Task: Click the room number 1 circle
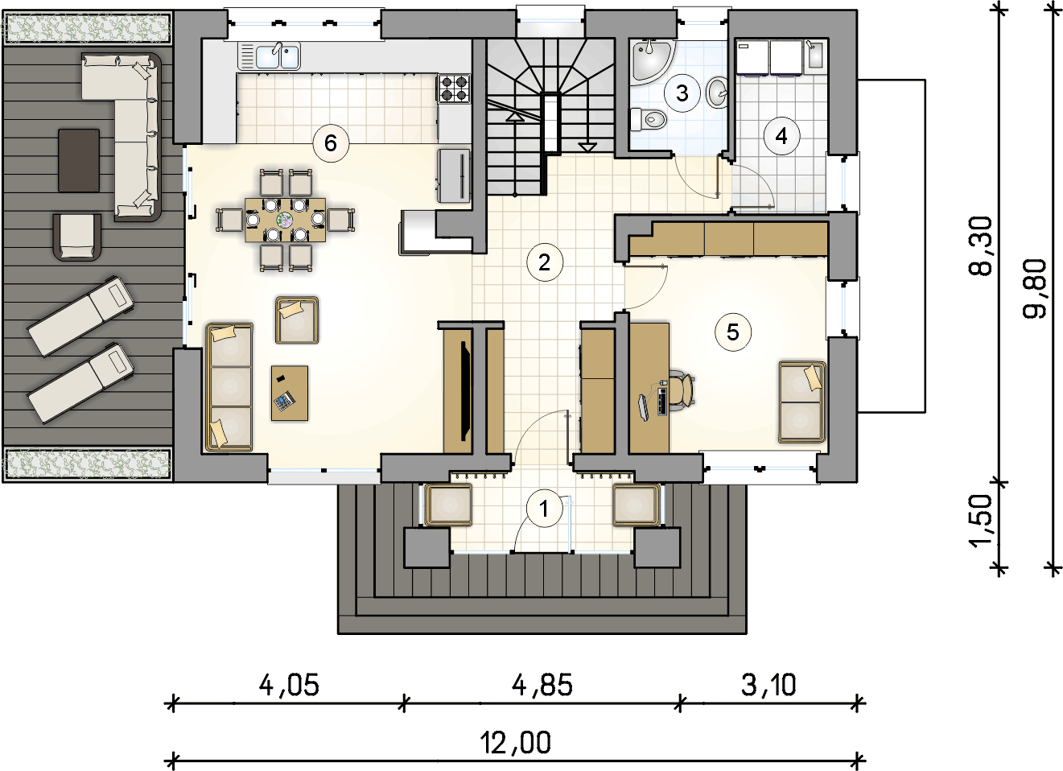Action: [544, 509]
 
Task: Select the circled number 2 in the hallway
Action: [545, 262]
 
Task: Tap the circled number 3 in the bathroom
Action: [682, 93]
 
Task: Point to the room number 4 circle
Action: [781, 137]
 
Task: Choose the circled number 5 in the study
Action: [733, 332]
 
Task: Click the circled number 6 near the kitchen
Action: [331, 143]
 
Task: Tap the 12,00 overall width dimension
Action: [516, 743]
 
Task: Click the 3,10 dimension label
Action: [768, 686]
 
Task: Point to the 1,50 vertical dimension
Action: [980, 522]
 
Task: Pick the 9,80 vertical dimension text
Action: [1035, 289]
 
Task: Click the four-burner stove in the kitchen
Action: [454, 89]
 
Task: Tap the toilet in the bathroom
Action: [649, 118]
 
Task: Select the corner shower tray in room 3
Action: [648, 60]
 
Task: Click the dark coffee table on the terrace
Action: [79, 160]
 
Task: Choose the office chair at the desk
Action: [683, 390]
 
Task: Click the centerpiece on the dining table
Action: [285, 220]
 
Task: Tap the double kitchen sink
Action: [278, 56]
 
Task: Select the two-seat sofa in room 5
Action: [802, 402]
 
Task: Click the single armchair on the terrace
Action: [77, 237]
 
